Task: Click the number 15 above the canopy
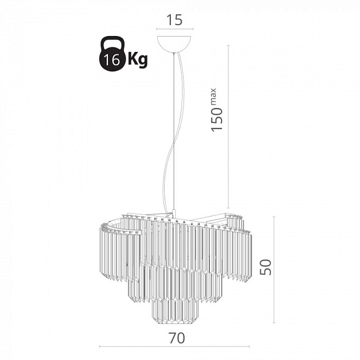click(x=174, y=20)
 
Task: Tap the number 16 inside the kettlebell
click(x=111, y=60)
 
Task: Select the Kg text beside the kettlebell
click(x=138, y=60)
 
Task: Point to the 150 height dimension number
click(x=217, y=119)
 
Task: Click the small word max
click(x=213, y=96)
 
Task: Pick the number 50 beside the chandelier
click(x=266, y=267)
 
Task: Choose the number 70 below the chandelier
click(x=177, y=338)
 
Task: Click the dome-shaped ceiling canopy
click(x=174, y=44)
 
